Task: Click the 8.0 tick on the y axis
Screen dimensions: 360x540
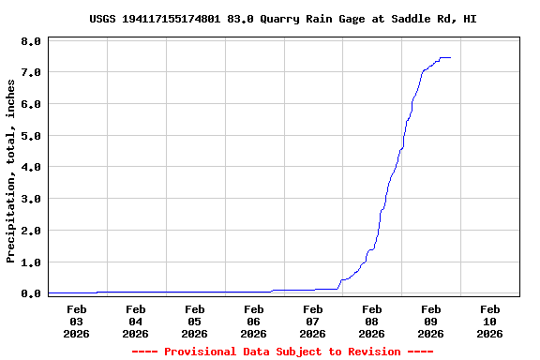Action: [x=31, y=41]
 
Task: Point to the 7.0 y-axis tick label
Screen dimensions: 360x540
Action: [x=31, y=72]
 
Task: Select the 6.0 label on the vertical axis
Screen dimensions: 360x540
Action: [x=31, y=104]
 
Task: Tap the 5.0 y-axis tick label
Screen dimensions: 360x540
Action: [x=31, y=136]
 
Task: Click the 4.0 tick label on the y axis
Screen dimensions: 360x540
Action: [x=31, y=167]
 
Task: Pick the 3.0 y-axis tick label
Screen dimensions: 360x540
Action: [x=31, y=199]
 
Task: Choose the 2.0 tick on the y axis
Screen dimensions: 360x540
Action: [x=31, y=231]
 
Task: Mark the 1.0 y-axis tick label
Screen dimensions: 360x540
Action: [x=31, y=262]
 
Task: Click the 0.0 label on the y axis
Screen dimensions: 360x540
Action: [x=31, y=293]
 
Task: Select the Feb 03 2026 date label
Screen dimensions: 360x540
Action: [x=77, y=321]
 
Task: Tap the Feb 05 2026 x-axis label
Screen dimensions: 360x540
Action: [x=195, y=321]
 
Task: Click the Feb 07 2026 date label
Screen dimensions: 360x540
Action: [x=313, y=321]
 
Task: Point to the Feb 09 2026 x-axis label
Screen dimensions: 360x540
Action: [x=431, y=321]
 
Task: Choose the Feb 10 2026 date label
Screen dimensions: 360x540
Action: [x=489, y=321]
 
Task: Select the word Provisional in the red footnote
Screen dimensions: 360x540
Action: [x=201, y=352]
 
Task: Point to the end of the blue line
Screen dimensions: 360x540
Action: [x=451, y=57]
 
